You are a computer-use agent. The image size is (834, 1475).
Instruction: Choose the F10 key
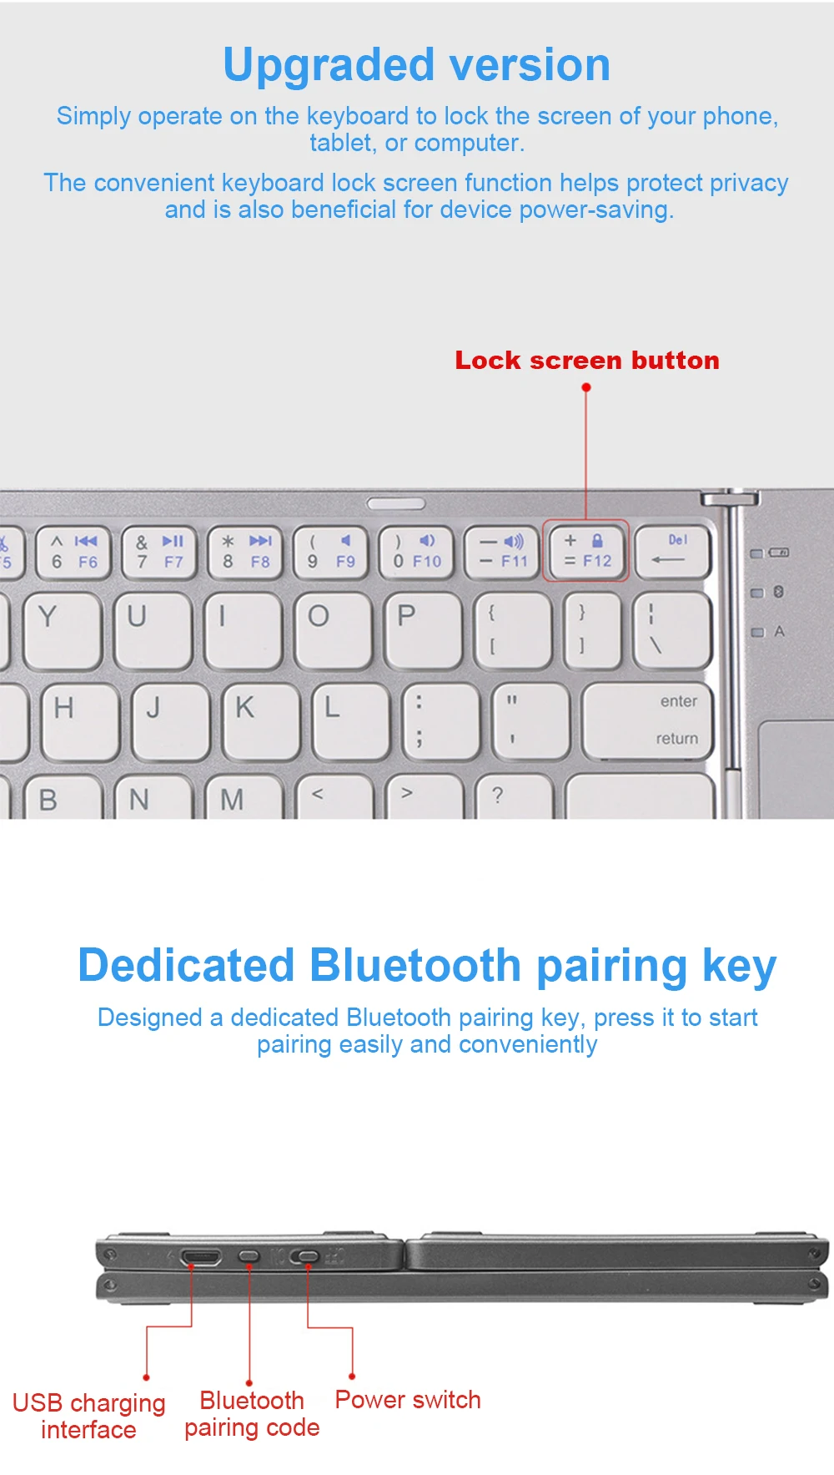coord(416,551)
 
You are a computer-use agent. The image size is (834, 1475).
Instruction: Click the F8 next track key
coord(247,551)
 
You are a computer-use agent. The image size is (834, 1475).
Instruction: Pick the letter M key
coord(238,797)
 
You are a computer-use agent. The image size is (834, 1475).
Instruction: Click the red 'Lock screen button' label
coord(586,361)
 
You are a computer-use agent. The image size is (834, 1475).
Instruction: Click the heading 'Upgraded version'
coord(416,65)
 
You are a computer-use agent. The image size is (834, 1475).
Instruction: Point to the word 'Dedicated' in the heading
coord(186,966)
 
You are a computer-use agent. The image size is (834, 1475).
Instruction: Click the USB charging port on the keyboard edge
coord(200,1256)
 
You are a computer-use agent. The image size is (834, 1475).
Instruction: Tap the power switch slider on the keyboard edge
coord(306,1256)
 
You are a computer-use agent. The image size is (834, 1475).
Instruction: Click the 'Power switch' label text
coord(408,1400)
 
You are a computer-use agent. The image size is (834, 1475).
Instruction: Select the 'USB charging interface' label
coord(88,1416)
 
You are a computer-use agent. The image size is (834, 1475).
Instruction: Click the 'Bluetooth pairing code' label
coord(252,1414)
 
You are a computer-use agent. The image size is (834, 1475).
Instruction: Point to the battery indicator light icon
coord(778,553)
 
